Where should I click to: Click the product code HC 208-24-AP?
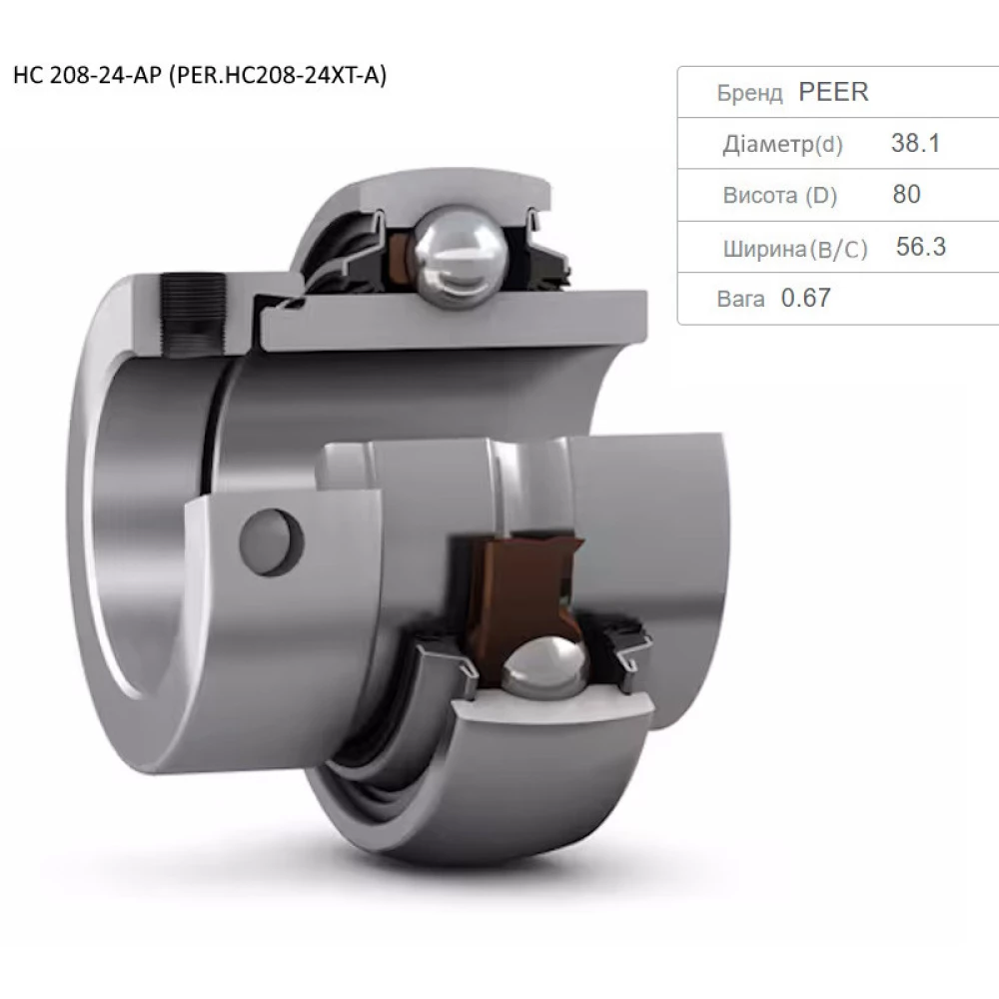tap(87, 75)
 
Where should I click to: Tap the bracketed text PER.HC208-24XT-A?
tap(277, 76)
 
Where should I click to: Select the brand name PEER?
tap(833, 92)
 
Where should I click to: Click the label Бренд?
tap(749, 93)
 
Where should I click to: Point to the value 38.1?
tap(915, 143)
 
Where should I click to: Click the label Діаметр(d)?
tap(782, 145)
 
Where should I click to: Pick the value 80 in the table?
tap(907, 195)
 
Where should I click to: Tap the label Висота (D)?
tap(780, 196)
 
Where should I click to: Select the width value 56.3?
tap(921, 247)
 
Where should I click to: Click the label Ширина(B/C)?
tap(795, 249)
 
